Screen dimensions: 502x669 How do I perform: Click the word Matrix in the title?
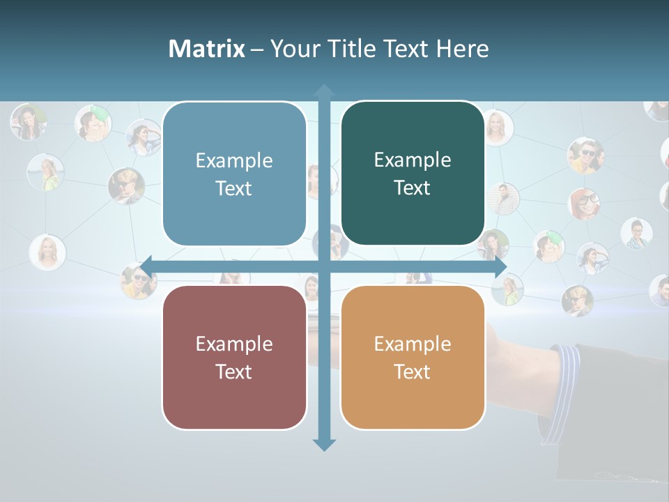coord(206,49)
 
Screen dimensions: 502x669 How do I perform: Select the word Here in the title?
coord(462,49)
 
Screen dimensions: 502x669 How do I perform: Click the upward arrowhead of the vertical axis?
coord(324,91)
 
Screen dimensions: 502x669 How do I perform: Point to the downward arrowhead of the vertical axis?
coord(324,444)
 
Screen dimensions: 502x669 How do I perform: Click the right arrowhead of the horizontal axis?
coord(500,267)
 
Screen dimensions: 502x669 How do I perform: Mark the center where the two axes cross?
coord(324,267)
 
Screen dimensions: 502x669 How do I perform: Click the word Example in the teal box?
coord(413,160)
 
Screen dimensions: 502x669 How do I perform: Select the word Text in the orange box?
coord(413,372)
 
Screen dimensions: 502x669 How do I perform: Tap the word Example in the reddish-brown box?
coord(234,344)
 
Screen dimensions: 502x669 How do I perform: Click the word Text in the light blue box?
coord(234,188)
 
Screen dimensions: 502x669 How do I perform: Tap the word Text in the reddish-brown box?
coord(234,372)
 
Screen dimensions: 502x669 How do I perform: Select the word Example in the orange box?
coord(413,344)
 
